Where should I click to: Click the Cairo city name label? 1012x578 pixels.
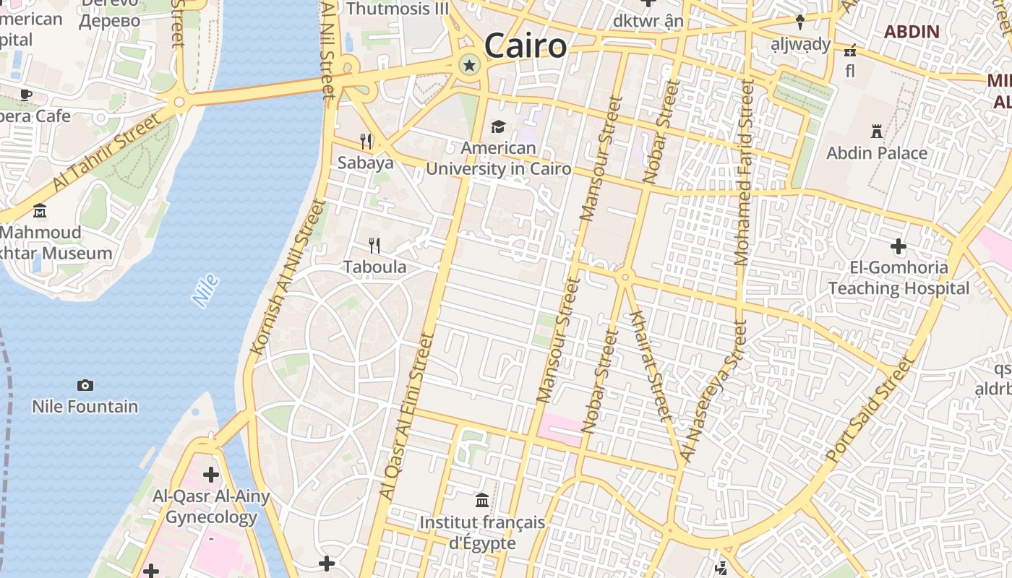[x=526, y=46]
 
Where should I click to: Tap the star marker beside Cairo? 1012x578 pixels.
[x=470, y=66]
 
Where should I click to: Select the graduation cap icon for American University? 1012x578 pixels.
[x=498, y=127]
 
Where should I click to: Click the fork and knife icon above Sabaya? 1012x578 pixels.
[x=366, y=141]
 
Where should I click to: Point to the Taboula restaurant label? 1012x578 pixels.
[x=374, y=267]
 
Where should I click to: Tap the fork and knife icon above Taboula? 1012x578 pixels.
[x=374, y=246]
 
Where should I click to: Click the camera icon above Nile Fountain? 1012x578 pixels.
[x=85, y=385]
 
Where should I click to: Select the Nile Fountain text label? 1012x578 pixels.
[x=85, y=406]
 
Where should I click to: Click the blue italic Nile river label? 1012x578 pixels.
[x=205, y=290]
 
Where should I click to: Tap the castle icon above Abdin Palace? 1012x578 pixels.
[x=877, y=131]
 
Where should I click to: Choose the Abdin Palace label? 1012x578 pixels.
[x=877, y=153]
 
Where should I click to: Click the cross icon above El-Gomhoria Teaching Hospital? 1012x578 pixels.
[x=899, y=246]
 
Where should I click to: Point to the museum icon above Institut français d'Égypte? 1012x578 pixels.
[x=482, y=500]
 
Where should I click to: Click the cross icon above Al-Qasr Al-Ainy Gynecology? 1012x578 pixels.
[x=211, y=475]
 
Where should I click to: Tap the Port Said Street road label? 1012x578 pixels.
[x=870, y=410]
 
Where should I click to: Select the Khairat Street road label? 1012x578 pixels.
[x=648, y=366]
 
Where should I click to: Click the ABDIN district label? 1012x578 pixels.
[x=912, y=32]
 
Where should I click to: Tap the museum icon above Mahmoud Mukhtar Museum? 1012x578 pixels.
[x=40, y=211]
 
